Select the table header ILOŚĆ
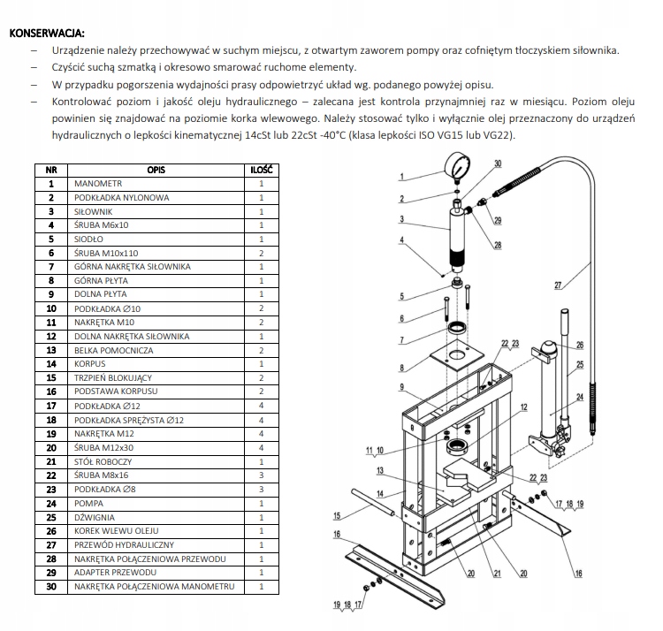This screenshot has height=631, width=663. [x=261, y=169]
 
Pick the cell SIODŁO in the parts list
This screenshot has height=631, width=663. [x=90, y=239]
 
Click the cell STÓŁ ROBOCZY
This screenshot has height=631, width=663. [x=104, y=461]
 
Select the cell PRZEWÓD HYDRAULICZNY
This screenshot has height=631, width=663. [x=124, y=544]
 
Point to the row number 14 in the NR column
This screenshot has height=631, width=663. [x=51, y=364]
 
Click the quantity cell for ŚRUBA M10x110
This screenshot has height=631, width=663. [x=261, y=253]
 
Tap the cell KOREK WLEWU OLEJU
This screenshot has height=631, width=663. [x=115, y=531]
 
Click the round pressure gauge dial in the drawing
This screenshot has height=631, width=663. [x=456, y=169]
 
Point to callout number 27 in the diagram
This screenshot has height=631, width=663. [x=558, y=284]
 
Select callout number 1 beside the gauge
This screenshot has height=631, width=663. [x=401, y=176]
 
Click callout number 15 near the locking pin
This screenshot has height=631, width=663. [x=337, y=515]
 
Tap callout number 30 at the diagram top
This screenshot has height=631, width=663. [x=498, y=163]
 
